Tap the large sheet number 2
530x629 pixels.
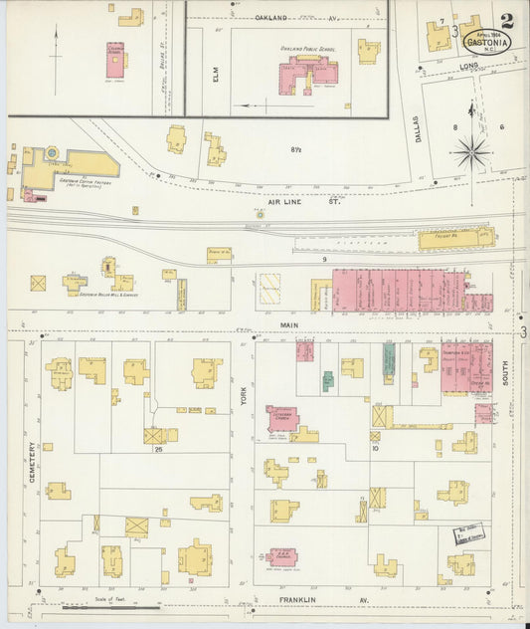[x=508, y=20]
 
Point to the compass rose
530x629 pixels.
[x=470, y=152]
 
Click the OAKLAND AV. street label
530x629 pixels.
[x=283, y=18]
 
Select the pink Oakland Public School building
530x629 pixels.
[x=308, y=75]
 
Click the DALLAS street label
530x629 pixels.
[x=418, y=129]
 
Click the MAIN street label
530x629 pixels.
[x=288, y=323]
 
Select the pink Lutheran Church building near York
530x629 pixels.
[x=281, y=418]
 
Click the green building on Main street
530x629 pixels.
[x=390, y=357]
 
